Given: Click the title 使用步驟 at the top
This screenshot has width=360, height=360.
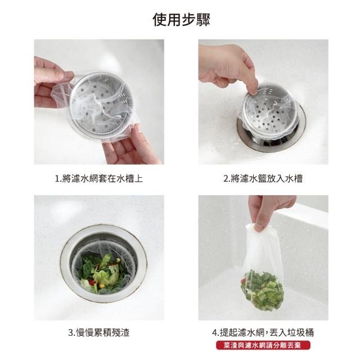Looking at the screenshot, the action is [x=181, y=20].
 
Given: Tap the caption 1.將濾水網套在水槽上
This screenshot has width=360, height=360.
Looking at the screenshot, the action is [x=99, y=178].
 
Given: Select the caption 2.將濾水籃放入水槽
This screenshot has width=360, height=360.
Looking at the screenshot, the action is [x=263, y=178].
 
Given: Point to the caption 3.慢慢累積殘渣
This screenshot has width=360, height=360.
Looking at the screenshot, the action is [x=99, y=332].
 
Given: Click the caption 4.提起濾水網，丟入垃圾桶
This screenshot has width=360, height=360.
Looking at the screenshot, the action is [x=263, y=332].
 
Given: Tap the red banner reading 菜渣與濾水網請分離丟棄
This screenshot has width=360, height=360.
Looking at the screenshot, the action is [x=263, y=345].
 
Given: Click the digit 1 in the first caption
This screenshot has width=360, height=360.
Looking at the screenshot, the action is [x=57, y=179].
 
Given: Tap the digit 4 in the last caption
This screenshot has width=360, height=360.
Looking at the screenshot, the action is [x=215, y=332].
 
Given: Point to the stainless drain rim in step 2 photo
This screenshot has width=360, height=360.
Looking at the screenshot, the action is [x=272, y=142].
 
